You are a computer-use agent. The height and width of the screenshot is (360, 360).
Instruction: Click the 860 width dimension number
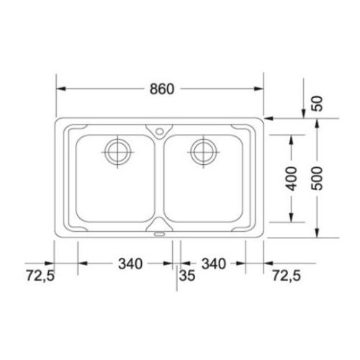pos(161,89)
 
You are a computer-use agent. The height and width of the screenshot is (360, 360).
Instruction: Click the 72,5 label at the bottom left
pos(40,275)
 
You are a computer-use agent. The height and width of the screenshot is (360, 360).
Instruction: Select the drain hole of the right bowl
pos(204,151)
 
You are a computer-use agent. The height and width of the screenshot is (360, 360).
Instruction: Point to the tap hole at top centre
pos(159,131)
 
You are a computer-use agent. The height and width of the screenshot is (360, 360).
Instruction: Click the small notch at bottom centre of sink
pos(159,232)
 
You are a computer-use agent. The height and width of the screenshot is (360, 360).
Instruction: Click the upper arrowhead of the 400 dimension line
pos(292,138)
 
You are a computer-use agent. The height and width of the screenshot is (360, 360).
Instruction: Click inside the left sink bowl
pos(115,187)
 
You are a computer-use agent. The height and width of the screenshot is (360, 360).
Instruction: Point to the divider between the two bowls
pos(159,180)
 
